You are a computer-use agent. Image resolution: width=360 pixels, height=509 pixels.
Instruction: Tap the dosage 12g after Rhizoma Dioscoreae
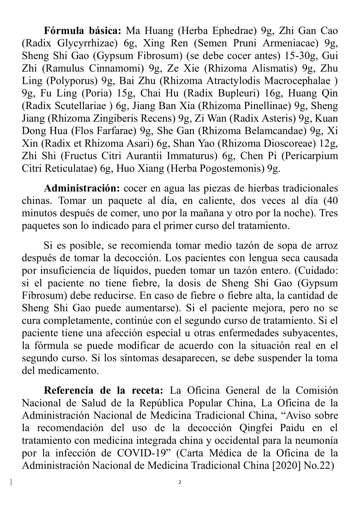click(329, 143)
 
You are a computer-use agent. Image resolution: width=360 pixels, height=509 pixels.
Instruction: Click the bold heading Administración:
click(82, 188)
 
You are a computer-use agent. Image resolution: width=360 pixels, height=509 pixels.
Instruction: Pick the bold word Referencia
click(69, 391)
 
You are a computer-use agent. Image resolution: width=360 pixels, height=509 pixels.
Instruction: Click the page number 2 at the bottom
click(180, 483)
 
